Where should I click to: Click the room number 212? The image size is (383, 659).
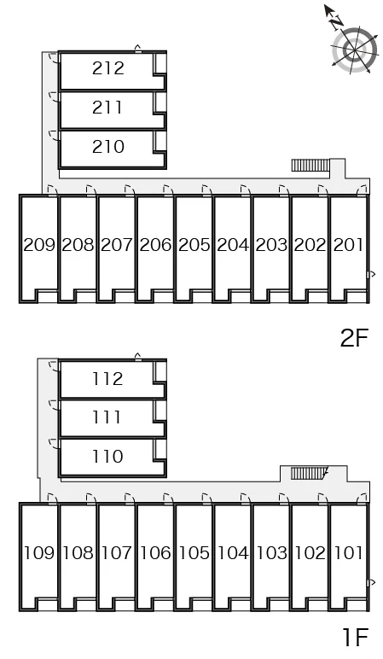(108, 68)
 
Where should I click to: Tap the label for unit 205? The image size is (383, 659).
(194, 245)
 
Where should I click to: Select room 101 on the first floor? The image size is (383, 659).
(349, 552)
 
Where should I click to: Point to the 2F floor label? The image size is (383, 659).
(354, 337)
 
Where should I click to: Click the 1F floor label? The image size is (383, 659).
(356, 637)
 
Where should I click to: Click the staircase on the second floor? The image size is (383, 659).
(310, 165)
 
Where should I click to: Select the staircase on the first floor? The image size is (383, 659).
(308, 473)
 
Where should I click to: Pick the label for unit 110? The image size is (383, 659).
(107, 456)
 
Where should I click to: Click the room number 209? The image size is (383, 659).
(39, 245)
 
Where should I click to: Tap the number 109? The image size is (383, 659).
(39, 552)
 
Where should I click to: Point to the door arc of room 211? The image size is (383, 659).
(54, 96)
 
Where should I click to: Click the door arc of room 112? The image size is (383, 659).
(54, 365)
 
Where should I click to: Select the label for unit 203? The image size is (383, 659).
(271, 245)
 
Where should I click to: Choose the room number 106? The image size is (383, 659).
(155, 552)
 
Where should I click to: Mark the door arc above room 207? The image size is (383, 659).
(130, 190)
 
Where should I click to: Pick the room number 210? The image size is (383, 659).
(108, 147)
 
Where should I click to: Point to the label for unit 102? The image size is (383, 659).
(310, 552)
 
